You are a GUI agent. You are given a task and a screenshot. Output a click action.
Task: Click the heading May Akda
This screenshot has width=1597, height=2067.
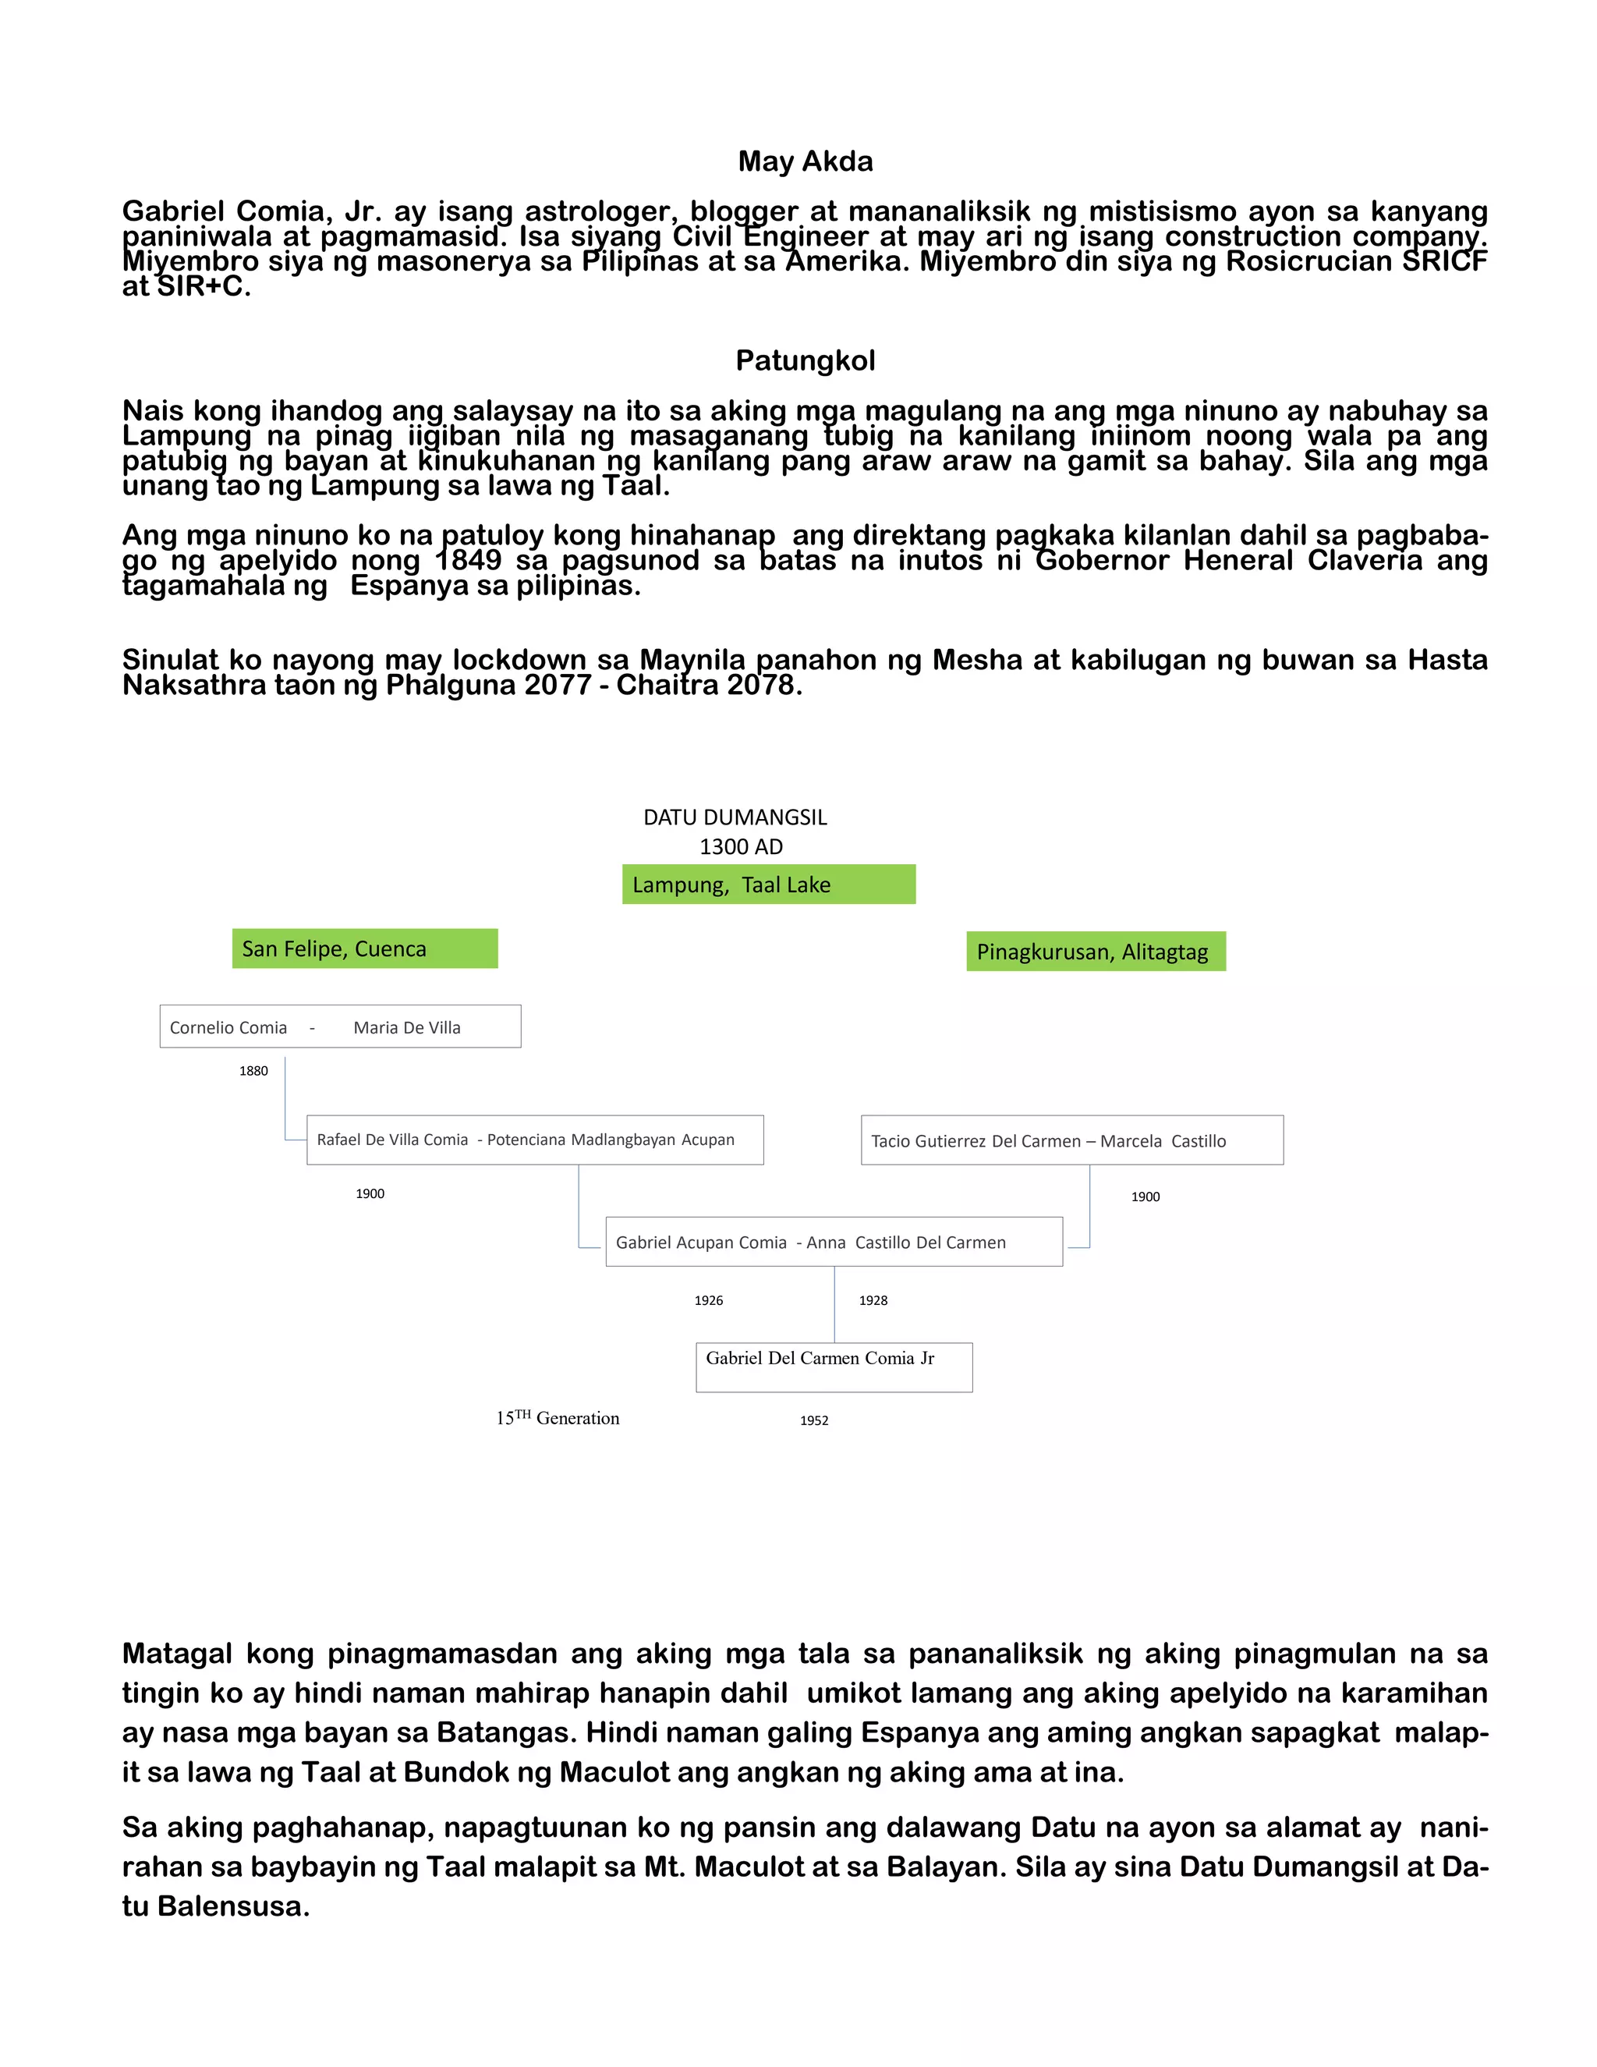805,161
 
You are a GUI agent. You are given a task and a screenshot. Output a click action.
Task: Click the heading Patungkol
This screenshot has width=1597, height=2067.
805,360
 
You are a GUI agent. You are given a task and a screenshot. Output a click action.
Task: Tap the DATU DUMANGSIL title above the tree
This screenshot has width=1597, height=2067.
735,817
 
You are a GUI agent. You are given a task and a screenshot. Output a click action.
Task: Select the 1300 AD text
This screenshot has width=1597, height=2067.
741,847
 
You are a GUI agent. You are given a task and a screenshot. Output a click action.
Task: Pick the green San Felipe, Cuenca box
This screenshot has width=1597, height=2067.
364,949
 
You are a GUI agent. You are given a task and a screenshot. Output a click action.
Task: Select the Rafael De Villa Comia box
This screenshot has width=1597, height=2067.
534,1140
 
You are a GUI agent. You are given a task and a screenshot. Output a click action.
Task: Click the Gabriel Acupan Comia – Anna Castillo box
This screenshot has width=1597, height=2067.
834,1243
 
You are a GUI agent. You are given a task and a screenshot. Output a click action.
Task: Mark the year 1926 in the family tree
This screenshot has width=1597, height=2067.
709,1301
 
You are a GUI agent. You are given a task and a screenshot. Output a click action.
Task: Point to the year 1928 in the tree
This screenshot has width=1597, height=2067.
873,1301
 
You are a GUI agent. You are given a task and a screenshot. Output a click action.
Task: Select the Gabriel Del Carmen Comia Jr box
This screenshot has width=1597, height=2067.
834,1367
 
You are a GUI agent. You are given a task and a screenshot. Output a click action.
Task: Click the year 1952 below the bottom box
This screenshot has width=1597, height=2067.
813,1420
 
